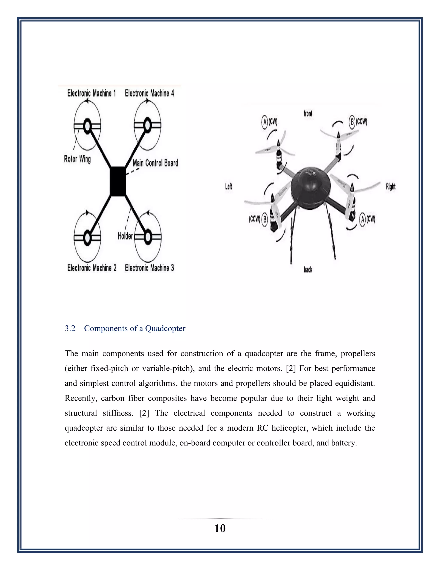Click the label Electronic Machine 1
point(92,93)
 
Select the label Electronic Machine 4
point(149,93)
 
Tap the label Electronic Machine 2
point(92,268)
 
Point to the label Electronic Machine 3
point(149,268)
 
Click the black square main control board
point(118,181)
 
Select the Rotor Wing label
point(77,159)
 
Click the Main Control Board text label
point(155,163)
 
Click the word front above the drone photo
point(308,113)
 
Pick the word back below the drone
point(308,270)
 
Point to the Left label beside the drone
point(229,186)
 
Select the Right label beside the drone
point(390,186)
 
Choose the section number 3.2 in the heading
point(70,328)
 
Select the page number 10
point(220,528)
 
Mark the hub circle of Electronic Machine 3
point(148,237)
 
